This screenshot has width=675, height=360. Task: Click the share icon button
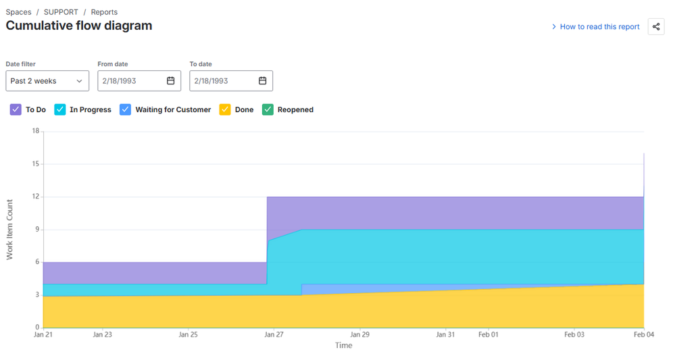655,26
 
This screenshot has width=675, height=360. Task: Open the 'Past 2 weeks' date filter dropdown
47,81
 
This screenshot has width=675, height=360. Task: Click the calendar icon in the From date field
171,81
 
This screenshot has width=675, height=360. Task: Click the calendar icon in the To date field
263,81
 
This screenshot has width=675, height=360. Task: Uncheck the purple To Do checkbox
16,109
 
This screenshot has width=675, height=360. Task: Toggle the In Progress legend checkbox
60,109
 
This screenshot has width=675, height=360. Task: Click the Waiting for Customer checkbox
125,109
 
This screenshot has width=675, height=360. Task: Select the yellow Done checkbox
225,109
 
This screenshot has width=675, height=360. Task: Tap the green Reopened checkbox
268,109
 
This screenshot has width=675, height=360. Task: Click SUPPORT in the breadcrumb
61,12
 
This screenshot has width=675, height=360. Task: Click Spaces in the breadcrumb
18,12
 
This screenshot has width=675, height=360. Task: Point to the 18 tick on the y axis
35,131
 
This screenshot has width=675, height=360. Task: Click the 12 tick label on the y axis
35,197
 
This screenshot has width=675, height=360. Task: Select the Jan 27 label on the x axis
274,334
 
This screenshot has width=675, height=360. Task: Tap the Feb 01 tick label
488,334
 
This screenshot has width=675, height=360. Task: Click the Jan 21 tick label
43,334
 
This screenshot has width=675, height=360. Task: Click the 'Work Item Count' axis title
10,230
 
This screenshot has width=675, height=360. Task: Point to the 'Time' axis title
343,346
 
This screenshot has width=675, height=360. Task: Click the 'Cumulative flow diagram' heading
79,26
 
